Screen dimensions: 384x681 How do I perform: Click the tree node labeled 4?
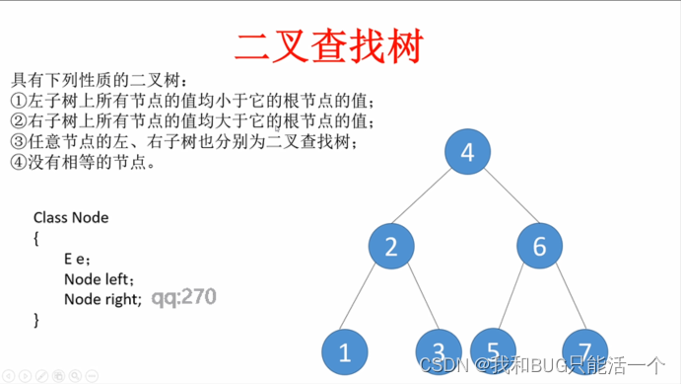(467, 152)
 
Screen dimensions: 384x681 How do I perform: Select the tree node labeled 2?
(391, 246)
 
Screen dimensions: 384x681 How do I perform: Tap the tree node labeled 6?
(539, 246)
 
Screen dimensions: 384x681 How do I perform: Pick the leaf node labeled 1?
(345, 352)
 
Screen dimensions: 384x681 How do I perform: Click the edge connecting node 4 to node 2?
(429, 198)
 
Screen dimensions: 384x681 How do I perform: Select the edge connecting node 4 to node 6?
(503, 198)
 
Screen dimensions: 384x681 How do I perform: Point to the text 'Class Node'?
(71, 217)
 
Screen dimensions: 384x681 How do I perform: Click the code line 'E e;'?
(77, 259)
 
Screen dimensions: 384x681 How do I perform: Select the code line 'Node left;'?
(99, 278)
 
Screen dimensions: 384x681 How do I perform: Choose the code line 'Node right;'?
(102, 298)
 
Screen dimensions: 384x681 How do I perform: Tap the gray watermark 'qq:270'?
(183, 296)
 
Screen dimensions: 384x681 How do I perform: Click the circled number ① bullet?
(18, 100)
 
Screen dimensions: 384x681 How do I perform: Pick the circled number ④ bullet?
(18, 162)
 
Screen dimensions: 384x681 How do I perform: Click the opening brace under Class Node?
(36, 238)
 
